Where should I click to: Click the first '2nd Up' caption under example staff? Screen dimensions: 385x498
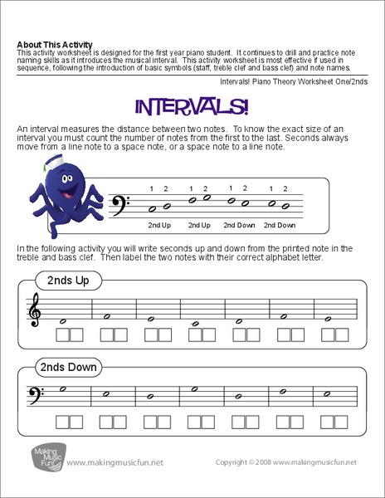[160, 225]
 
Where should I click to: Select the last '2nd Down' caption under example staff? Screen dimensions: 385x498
[280, 225]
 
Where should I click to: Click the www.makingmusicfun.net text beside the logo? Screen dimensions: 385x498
[111, 461]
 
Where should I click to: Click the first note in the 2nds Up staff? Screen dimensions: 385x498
[63, 320]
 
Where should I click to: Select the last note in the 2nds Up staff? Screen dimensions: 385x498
[329, 318]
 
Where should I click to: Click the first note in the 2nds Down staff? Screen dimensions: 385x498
[63, 388]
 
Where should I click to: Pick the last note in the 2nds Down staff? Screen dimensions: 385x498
[329, 392]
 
